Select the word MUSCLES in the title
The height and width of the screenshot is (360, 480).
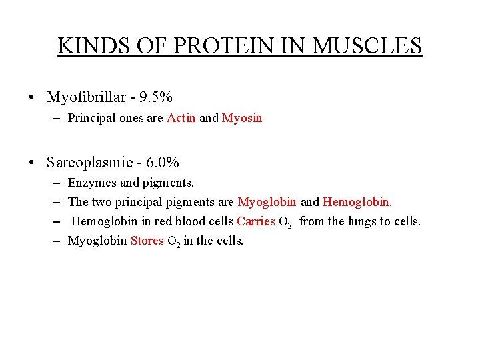point(367,46)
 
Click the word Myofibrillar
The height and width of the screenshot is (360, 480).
point(86,97)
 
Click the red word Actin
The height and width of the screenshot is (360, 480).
point(181,118)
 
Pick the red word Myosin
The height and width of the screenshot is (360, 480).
point(242,118)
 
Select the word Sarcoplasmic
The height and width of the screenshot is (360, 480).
point(89,162)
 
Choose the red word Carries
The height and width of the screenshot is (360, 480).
point(256,221)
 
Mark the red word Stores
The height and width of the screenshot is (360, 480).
point(147,241)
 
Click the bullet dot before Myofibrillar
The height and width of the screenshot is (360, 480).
point(32,98)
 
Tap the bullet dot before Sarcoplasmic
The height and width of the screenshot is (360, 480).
point(32,163)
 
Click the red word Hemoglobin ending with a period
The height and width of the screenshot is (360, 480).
point(357,202)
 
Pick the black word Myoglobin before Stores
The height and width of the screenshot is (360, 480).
point(97,241)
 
